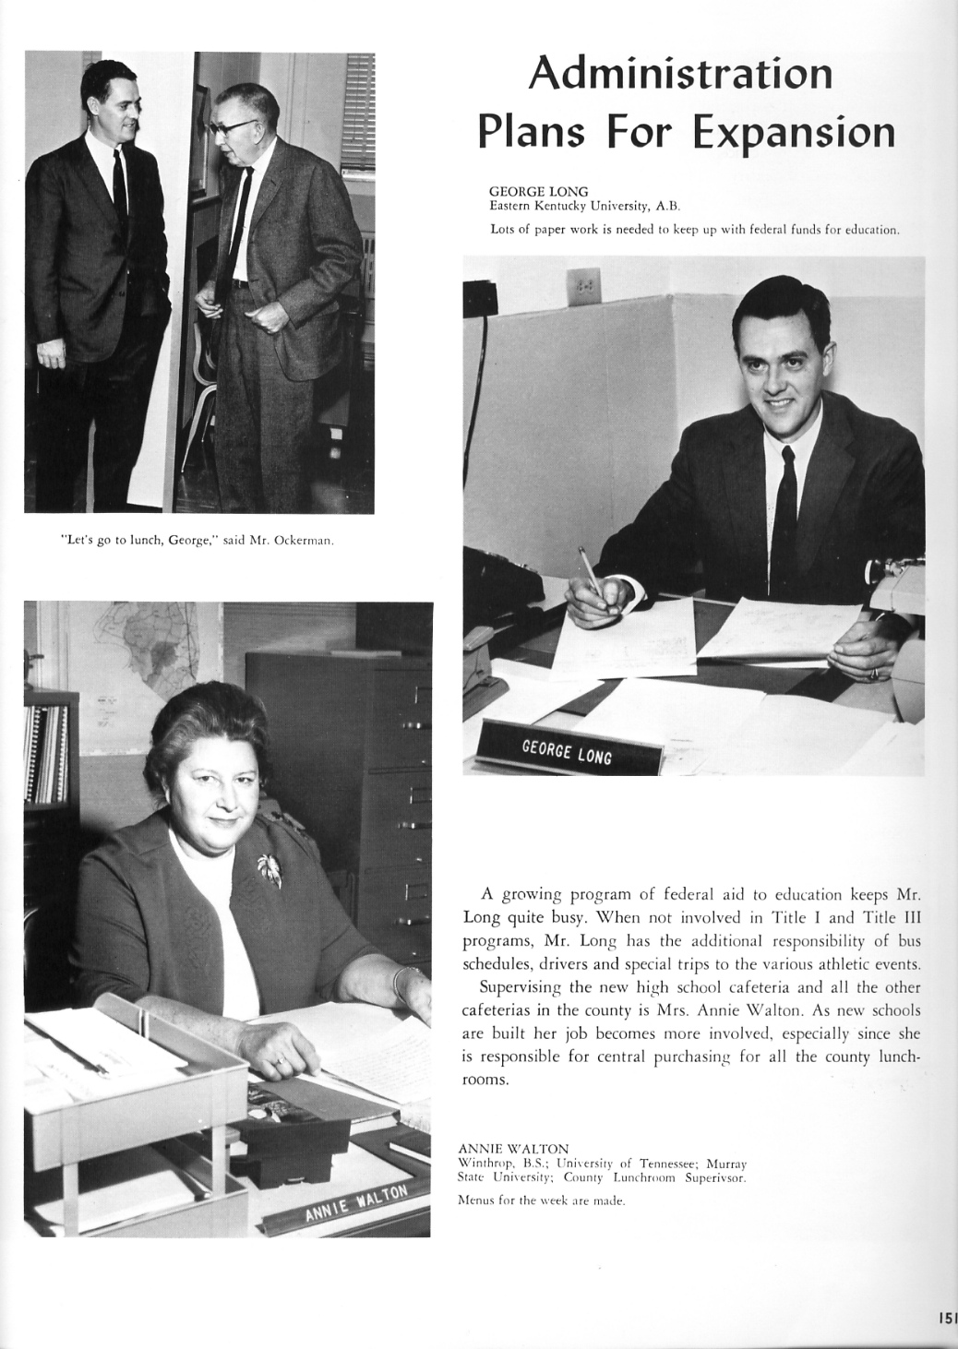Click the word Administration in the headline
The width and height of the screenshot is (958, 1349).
(680, 73)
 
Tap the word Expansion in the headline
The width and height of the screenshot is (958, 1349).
(794, 132)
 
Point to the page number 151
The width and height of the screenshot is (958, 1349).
(947, 1320)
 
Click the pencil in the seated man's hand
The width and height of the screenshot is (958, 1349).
(588, 567)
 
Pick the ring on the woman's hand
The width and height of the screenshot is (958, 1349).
(279, 1062)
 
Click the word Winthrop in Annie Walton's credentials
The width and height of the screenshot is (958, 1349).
(482, 1164)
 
